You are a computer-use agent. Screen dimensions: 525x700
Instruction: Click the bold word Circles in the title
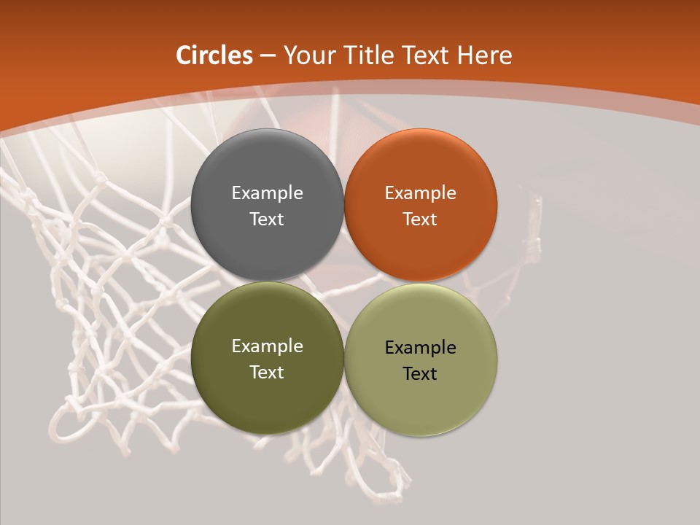click(214, 55)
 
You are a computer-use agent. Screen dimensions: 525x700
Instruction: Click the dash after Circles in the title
click(268, 56)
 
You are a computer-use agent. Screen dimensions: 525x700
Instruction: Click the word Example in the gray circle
click(267, 192)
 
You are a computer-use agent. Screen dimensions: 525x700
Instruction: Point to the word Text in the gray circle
click(267, 219)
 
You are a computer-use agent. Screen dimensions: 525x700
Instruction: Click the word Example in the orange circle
click(420, 192)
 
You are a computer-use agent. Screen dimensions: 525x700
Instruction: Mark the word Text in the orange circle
click(420, 219)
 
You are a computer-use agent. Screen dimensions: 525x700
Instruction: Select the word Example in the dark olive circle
click(267, 346)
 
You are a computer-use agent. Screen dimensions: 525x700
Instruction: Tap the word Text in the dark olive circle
click(267, 372)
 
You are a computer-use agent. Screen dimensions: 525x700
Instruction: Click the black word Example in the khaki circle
click(420, 347)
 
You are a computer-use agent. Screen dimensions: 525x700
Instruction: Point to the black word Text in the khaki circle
click(420, 373)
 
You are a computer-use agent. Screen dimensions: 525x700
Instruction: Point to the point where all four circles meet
click(344, 281)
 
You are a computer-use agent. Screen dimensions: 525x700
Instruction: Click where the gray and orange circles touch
click(344, 205)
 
